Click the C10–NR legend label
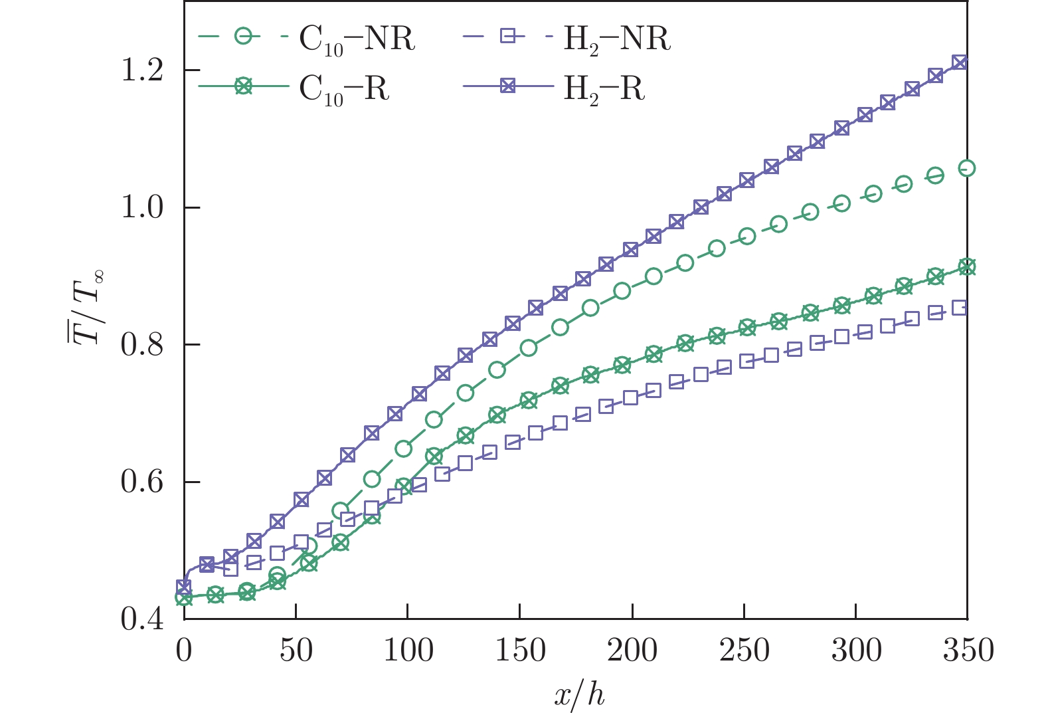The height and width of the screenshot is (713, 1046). click(x=357, y=40)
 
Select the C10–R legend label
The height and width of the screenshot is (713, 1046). click(x=344, y=88)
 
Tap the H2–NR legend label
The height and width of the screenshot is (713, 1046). click(x=617, y=40)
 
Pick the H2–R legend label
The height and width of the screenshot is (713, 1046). click(x=604, y=88)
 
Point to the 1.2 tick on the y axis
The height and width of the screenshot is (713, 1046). click(x=142, y=70)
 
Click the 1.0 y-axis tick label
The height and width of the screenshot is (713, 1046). click(x=142, y=208)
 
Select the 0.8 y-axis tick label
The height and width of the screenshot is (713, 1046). click(x=142, y=346)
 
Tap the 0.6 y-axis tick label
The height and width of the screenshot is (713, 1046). click(x=142, y=482)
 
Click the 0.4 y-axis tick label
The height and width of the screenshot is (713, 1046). click(x=142, y=619)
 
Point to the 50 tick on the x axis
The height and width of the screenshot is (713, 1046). click(x=296, y=650)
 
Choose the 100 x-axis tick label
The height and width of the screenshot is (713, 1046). click(x=408, y=650)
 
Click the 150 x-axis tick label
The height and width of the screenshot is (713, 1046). click(x=520, y=650)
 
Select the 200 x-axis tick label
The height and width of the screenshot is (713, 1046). click(x=632, y=650)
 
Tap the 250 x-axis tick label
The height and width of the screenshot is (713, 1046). click(x=744, y=650)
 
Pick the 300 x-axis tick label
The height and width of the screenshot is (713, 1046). click(x=856, y=650)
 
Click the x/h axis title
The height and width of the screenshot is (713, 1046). click(x=579, y=694)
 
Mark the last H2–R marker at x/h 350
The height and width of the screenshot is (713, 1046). click(x=959, y=62)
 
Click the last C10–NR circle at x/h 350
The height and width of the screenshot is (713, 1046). click(x=968, y=168)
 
